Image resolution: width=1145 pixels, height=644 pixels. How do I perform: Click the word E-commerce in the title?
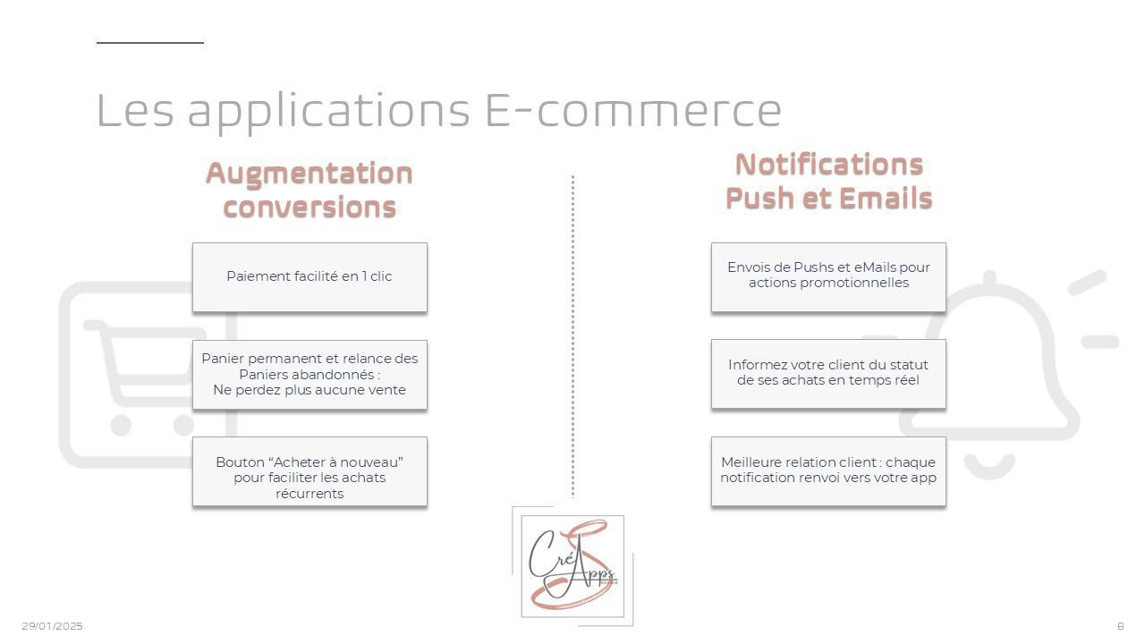632,110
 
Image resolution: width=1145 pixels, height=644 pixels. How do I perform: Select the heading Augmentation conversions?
310,190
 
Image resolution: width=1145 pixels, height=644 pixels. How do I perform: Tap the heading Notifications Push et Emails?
828,181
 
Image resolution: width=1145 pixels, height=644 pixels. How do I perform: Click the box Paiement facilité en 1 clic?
310,277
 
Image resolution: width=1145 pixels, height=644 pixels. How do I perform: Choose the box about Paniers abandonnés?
310,375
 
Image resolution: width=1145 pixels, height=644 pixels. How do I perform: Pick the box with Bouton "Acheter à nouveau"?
310,471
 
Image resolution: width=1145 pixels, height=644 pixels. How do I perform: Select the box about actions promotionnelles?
828,277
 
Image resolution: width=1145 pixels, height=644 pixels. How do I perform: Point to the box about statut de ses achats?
828,374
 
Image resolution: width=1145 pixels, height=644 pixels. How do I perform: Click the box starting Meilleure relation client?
828,471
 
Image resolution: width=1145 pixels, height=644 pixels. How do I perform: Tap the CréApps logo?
572,566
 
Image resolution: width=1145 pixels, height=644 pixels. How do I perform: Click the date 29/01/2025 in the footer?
52,626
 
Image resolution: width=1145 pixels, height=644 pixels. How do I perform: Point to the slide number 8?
1121,626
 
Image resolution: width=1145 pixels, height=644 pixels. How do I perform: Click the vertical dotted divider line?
572,335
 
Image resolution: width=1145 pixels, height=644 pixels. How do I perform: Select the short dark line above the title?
150,42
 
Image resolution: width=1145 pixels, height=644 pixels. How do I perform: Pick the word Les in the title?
135,110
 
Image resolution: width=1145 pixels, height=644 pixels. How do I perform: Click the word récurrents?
310,494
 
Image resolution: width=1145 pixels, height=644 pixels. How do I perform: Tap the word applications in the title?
328,113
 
